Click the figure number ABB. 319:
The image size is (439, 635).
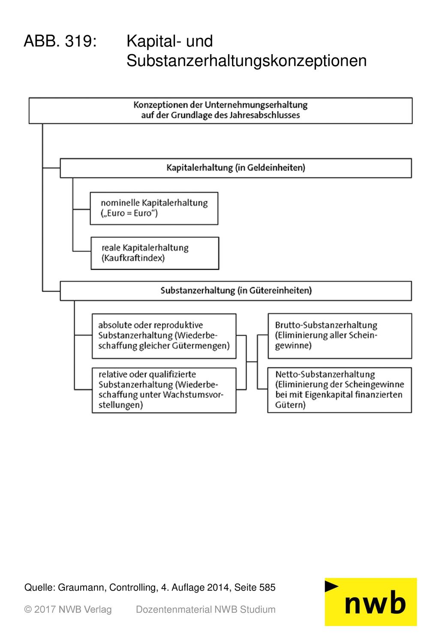(x=60, y=41)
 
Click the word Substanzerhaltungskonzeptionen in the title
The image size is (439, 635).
(x=246, y=61)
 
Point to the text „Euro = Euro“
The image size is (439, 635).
(x=129, y=213)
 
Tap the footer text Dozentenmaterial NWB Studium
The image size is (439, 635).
(x=206, y=609)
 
